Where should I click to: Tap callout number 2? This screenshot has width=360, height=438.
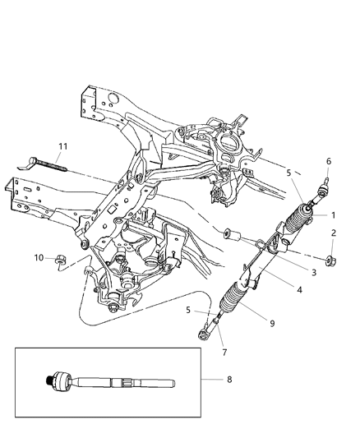(x=334, y=232)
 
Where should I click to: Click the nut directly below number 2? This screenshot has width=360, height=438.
(x=329, y=262)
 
